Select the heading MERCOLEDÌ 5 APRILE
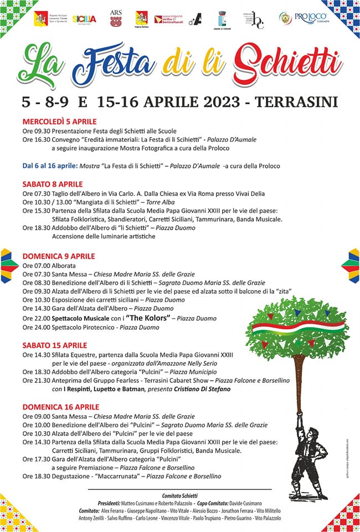pyautogui.click(x=60, y=121)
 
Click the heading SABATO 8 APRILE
pyautogui.click(x=53, y=184)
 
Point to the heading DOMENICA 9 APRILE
pyautogui.click(x=59, y=256)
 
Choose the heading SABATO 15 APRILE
pyautogui.click(x=55, y=345)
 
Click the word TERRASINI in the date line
pyautogui.click(x=294, y=101)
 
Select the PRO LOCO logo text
pyautogui.click(x=311, y=18)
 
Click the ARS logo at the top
pyautogui.click(x=115, y=18)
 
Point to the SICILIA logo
pyautogui.click(x=84, y=19)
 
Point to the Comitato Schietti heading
pyautogui.click(x=180, y=495)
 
